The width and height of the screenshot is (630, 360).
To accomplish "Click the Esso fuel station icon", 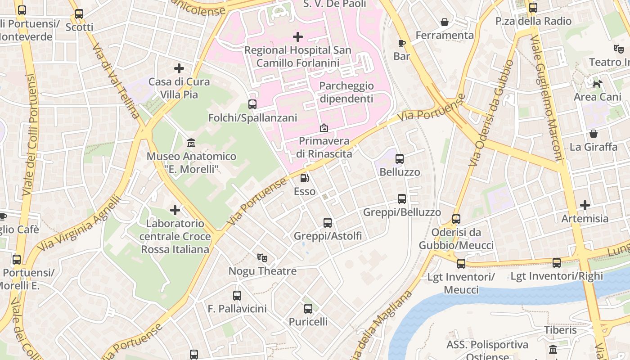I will (x=305, y=178).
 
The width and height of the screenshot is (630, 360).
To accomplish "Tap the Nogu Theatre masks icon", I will (x=262, y=258).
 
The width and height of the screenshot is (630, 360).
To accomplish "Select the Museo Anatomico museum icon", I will (x=191, y=143).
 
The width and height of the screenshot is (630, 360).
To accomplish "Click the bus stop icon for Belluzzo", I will (x=399, y=159).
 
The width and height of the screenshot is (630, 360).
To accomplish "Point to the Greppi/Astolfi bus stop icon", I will (x=328, y=222).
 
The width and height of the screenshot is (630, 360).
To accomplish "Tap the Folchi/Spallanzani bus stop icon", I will (x=252, y=104).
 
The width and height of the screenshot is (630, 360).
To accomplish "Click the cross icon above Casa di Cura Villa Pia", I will (x=179, y=68).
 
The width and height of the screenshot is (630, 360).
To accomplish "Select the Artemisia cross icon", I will (x=585, y=205).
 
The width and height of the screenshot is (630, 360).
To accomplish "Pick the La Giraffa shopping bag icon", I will (x=594, y=134).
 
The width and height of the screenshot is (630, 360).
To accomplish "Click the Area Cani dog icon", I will (x=597, y=84).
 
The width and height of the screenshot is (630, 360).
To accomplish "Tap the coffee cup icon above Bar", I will (x=401, y=43).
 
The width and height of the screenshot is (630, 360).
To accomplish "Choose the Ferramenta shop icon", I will (x=444, y=22).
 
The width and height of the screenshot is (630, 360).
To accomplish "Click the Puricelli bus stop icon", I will (x=308, y=309).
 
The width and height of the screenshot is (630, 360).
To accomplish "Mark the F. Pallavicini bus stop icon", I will (x=237, y=296).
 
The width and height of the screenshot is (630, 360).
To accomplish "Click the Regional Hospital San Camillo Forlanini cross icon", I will (x=297, y=37).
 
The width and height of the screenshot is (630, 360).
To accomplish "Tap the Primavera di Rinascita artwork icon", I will (x=324, y=128).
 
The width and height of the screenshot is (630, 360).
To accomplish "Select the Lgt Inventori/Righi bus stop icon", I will (x=557, y=263).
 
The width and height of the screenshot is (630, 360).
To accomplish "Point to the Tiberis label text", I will (x=560, y=330).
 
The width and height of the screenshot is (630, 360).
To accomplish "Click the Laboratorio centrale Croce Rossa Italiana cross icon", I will (x=175, y=210).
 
